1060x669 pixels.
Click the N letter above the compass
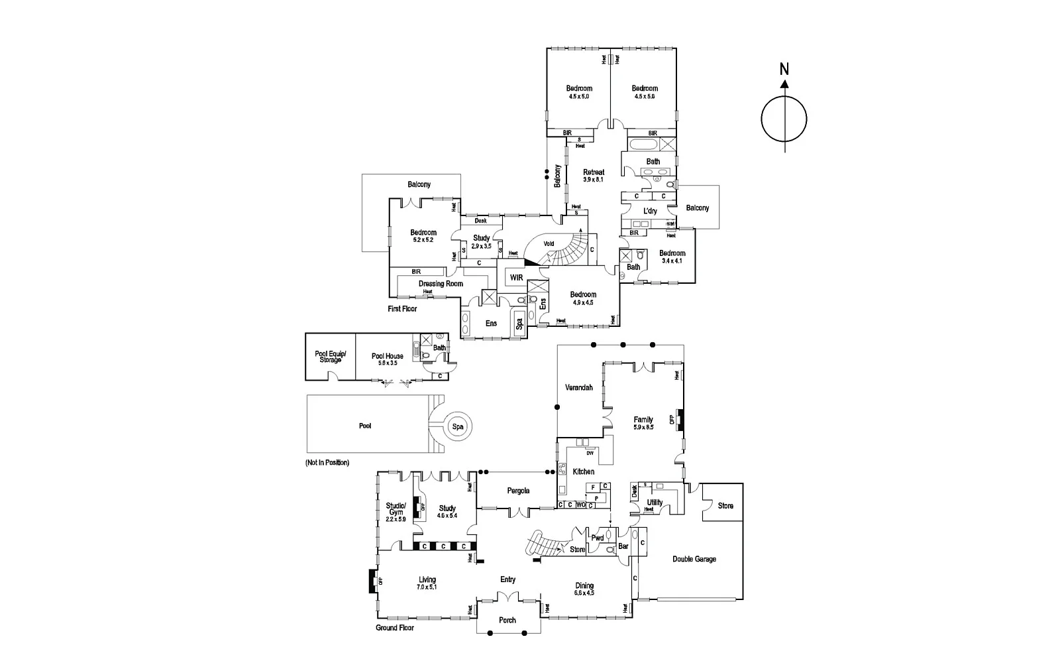784,68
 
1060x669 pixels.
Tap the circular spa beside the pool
458,427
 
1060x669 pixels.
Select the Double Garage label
694,559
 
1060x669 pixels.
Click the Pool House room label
388,356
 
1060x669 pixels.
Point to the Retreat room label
594,172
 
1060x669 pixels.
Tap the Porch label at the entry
507,621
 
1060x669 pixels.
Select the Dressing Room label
441,284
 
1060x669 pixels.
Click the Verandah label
578,387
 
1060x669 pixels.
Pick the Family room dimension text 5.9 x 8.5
643,428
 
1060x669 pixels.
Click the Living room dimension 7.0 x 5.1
427,587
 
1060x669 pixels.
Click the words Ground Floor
395,627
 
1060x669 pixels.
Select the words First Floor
402,309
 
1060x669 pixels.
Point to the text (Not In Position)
327,462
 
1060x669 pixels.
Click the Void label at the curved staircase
549,243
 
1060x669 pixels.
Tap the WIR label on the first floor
517,277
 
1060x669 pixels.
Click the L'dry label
651,211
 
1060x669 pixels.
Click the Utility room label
655,503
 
